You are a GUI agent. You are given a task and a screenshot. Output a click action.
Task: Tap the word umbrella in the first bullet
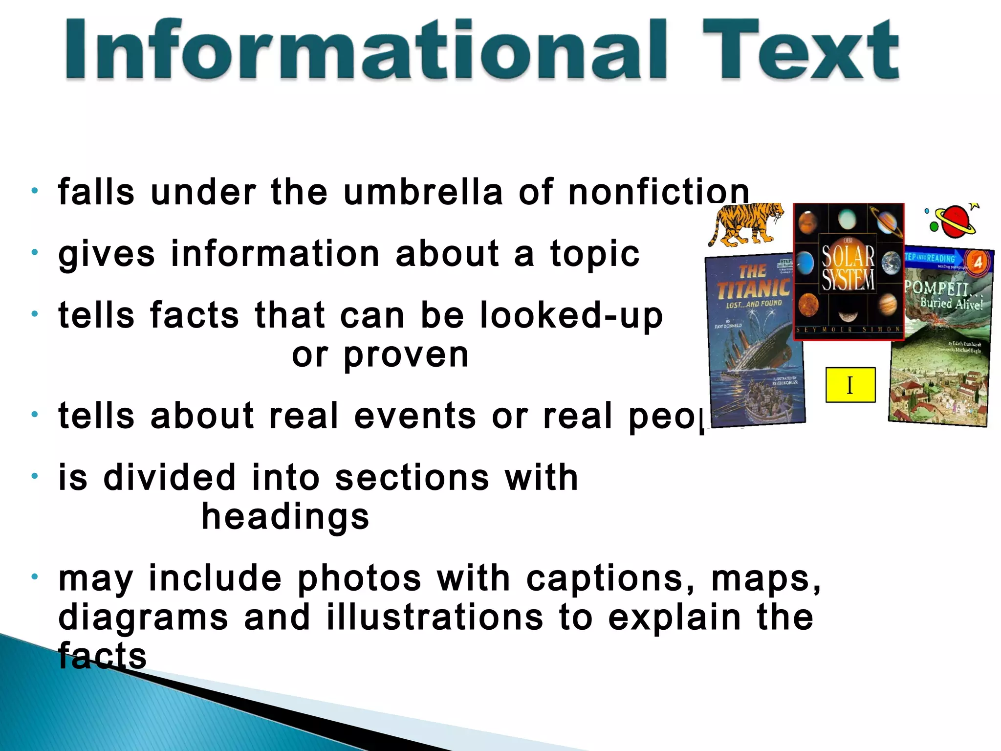tap(423, 192)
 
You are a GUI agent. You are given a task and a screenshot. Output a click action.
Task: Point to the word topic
tap(595, 254)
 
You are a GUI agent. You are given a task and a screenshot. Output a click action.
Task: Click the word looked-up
tap(571, 315)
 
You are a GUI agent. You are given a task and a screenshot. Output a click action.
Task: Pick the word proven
tap(406, 355)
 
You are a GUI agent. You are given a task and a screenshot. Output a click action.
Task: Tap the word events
tap(414, 416)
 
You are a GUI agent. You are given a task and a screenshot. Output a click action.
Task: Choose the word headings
tap(285, 518)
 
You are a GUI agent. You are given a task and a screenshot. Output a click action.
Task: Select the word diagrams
tap(143, 618)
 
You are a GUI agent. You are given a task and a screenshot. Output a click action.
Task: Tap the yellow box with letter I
tap(850, 385)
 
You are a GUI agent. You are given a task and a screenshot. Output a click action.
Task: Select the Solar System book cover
tap(849, 271)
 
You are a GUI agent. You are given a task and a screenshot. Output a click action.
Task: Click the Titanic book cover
tap(755, 342)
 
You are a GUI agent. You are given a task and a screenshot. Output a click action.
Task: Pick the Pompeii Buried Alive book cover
tap(941, 342)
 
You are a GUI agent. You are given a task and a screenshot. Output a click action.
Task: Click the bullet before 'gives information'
tap(34, 253)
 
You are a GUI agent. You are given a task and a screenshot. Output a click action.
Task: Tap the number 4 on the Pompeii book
tap(978, 263)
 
